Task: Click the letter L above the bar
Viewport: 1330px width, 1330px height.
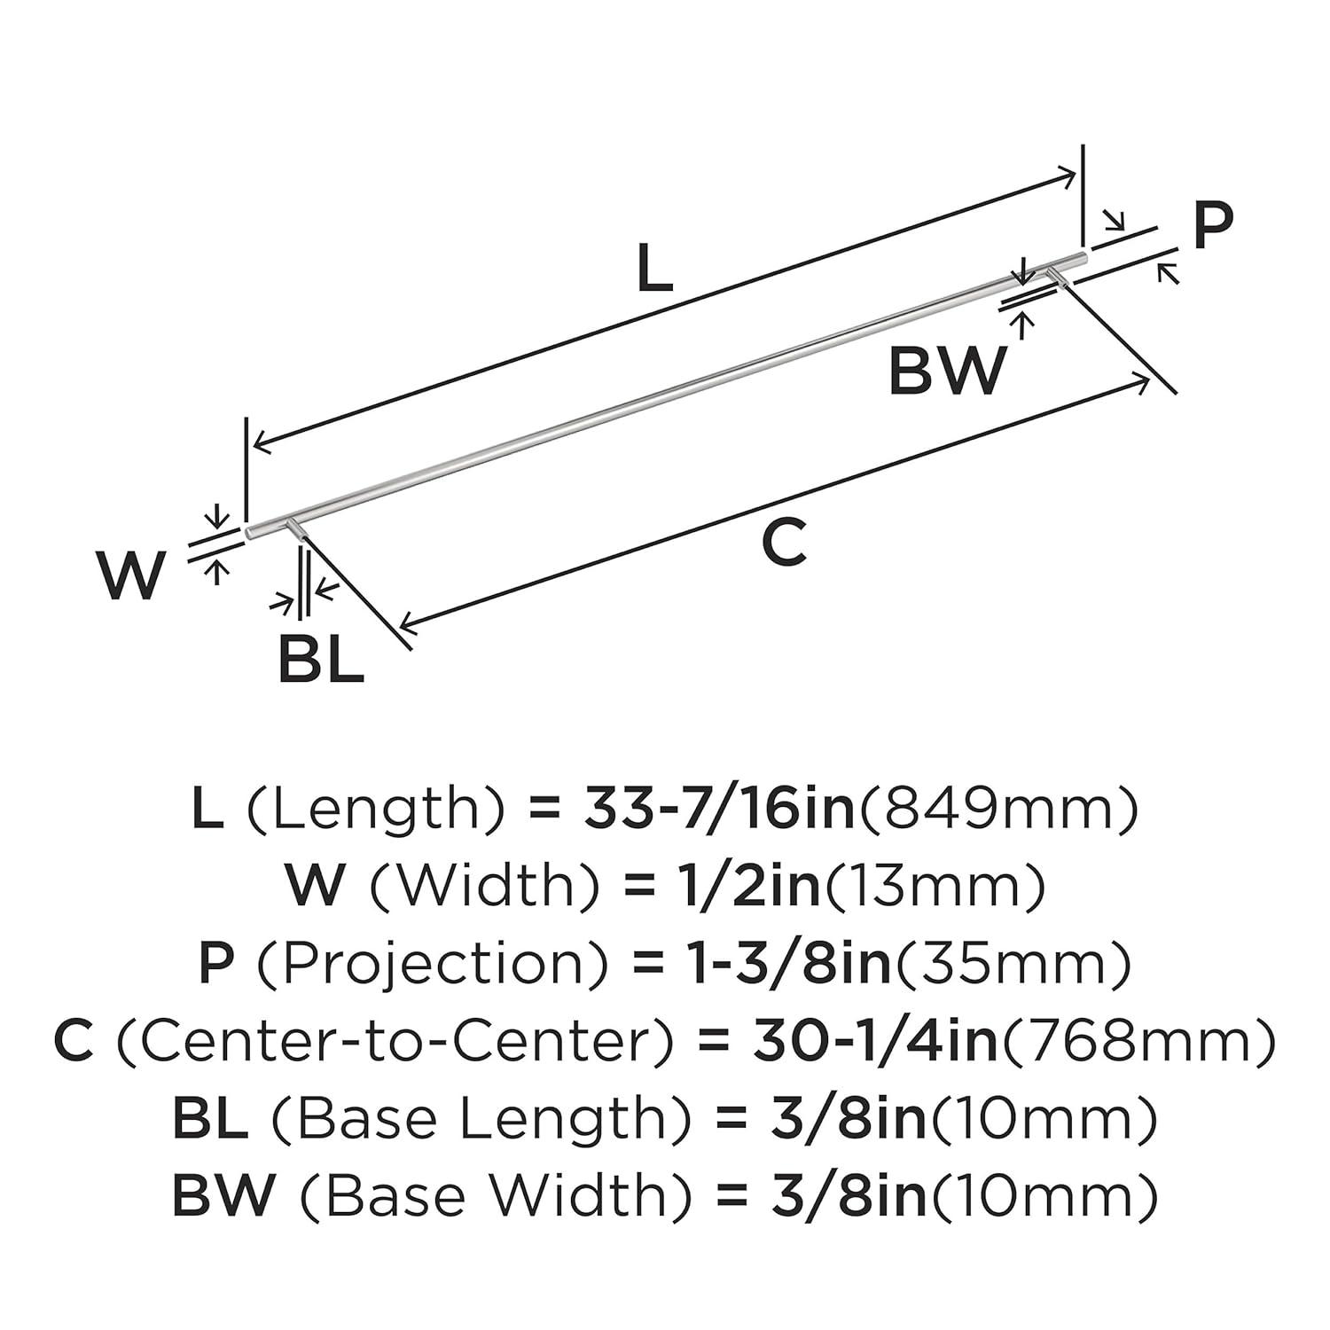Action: pos(655,270)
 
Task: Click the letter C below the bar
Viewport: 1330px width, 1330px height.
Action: pos(785,543)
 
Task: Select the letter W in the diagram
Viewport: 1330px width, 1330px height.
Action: pos(131,575)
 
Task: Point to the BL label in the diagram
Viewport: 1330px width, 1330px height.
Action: pos(320,660)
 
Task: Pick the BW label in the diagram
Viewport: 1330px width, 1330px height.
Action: pos(948,371)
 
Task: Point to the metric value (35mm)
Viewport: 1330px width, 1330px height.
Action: pos(1013,964)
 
